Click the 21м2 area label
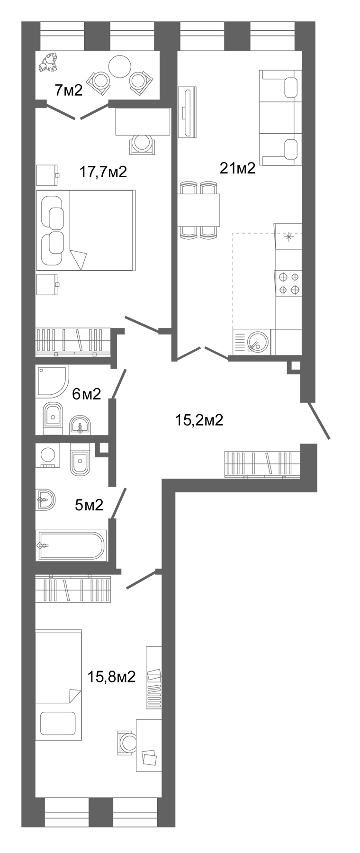pyautogui.click(x=237, y=168)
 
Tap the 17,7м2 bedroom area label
pyautogui.click(x=103, y=172)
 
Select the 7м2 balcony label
pyautogui.click(x=69, y=90)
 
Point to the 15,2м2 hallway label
pyautogui.click(x=199, y=419)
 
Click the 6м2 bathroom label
pyautogui.click(x=86, y=393)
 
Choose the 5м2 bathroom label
pyautogui.click(x=89, y=505)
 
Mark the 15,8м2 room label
pyautogui.click(x=112, y=676)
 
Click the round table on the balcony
pyautogui.click(x=119, y=67)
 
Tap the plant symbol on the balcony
pyautogui.click(x=48, y=63)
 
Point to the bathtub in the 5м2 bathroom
pyautogui.click(x=71, y=545)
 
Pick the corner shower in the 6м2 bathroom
pyautogui.click(x=51, y=380)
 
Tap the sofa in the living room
pyautogui.click(x=281, y=118)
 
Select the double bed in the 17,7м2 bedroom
pyautogui.click(x=86, y=230)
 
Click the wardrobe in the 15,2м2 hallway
pyautogui.click(x=262, y=464)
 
